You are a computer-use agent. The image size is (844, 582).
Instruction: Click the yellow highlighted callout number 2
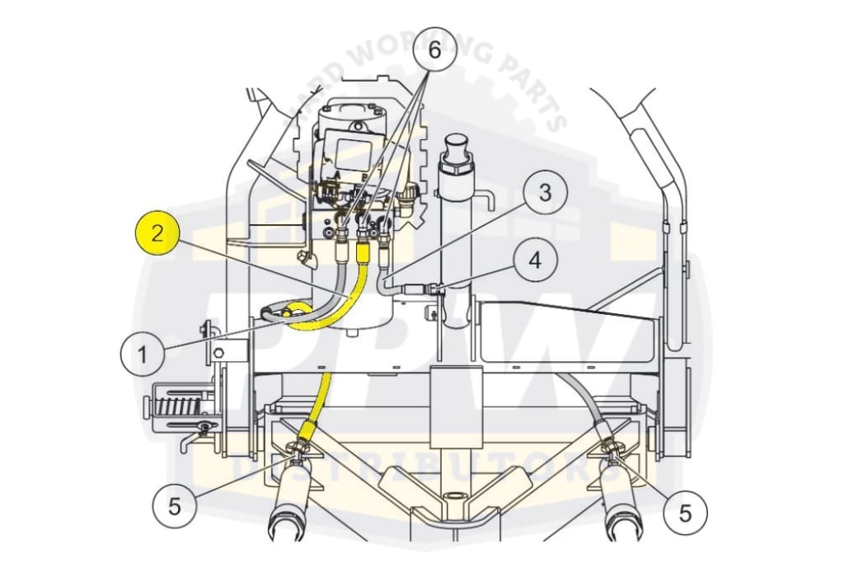[x=157, y=233]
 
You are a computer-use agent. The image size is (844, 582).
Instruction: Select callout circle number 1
[x=142, y=354]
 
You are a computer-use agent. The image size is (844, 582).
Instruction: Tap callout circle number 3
[x=545, y=192]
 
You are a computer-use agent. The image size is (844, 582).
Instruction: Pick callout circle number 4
[x=534, y=260]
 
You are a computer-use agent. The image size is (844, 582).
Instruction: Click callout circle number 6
[x=434, y=49]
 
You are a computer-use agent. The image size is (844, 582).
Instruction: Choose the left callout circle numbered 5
[x=175, y=506]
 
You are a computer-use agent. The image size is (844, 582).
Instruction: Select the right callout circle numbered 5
[x=685, y=513]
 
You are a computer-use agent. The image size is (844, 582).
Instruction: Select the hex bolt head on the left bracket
[x=218, y=354]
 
